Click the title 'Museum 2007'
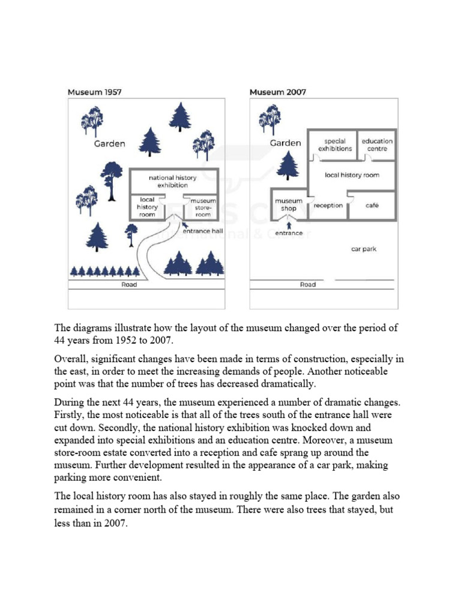pos(277,92)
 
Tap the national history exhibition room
pos(173,181)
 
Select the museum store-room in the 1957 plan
pos(203,207)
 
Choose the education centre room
pos(377,145)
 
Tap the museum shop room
pos(289,205)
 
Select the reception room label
pos(328,205)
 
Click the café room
pos(372,205)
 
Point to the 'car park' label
pos(364,248)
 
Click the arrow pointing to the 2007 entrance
pos(289,224)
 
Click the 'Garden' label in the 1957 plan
pos(110,143)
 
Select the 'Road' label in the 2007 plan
pos(308,284)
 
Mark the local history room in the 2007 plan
pos(352,175)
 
